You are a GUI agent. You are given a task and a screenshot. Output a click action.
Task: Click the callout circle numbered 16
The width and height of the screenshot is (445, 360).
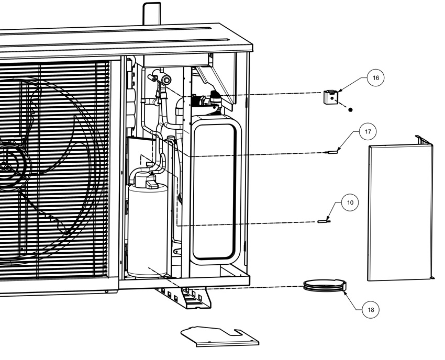point(375,78)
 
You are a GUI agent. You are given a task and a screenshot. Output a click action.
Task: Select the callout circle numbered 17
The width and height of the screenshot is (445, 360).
point(368,132)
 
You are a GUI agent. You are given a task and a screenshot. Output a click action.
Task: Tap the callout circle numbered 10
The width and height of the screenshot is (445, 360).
point(350,203)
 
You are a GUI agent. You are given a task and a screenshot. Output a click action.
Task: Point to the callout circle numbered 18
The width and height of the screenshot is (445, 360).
point(371,310)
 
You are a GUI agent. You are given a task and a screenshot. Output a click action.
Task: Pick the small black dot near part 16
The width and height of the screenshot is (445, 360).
point(350,109)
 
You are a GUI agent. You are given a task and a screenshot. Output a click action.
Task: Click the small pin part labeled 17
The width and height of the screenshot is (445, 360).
point(331,152)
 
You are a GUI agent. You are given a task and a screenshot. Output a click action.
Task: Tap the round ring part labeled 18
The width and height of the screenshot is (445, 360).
point(325,285)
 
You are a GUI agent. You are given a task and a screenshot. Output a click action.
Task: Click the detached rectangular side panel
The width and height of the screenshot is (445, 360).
point(400,210)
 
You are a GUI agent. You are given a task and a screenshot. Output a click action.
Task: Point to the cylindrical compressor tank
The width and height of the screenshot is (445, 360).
point(147,230)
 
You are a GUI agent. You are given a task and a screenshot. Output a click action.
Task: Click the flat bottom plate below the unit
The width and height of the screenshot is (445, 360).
point(220,336)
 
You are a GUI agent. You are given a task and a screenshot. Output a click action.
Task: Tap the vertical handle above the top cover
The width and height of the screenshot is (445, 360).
point(152,14)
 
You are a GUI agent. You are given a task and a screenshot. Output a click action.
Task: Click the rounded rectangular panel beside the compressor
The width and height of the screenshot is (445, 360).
point(214,190)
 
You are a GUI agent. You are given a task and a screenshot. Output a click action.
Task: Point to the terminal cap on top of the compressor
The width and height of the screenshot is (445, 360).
point(151,183)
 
